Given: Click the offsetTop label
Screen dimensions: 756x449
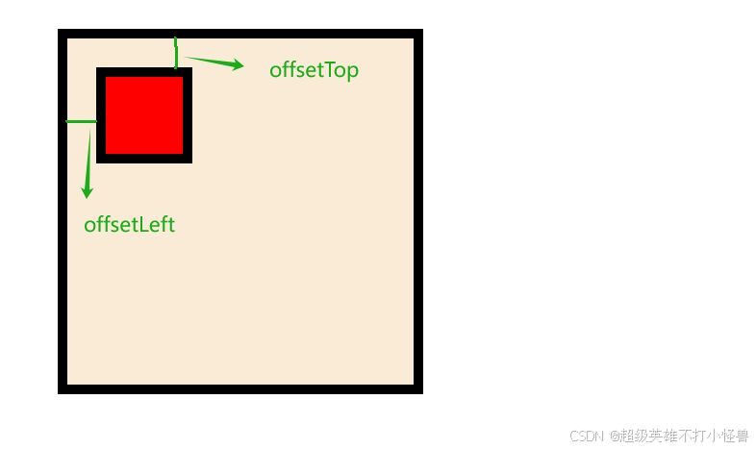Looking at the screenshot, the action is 314,70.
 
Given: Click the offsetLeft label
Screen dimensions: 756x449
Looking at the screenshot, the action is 130,225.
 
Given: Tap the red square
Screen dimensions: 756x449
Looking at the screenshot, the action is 144,114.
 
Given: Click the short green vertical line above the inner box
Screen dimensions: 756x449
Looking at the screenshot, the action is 176,54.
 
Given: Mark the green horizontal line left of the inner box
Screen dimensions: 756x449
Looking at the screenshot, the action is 81,122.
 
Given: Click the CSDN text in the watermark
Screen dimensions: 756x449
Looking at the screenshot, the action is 586,436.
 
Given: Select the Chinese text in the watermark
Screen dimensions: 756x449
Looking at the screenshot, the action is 684,436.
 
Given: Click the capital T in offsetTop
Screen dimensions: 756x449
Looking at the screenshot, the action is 322,70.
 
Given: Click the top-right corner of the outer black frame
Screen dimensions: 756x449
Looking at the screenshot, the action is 418,34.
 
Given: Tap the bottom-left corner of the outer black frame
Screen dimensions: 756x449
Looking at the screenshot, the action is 63,388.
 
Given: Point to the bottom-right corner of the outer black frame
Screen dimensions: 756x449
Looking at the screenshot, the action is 418,388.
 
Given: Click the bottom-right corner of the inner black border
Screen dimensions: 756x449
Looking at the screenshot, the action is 188,159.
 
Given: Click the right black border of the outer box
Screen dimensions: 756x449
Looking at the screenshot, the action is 418,212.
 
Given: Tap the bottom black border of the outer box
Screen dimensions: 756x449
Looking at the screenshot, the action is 240,388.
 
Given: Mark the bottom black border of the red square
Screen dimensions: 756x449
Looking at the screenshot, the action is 144,159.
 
